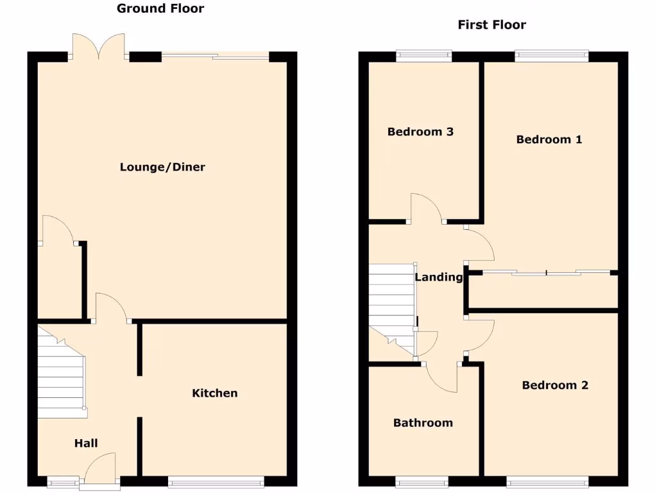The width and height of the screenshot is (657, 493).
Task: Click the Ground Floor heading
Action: tap(160, 8)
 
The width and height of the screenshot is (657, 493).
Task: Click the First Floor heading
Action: tap(491, 25)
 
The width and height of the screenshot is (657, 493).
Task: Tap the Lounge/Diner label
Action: tap(162, 168)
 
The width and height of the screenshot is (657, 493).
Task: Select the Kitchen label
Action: tap(215, 393)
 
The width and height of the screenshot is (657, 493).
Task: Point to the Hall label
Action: tap(86, 443)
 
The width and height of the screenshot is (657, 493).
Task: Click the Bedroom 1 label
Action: tap(549, 139)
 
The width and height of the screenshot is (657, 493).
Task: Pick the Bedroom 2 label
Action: tap(555, 385)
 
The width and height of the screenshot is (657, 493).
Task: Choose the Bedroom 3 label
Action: tap(420, 132)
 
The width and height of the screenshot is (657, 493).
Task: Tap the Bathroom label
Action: tap(423, 422)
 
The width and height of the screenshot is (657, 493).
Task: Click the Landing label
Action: tap(439, 277)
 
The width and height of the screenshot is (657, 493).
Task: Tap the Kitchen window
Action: tap(216, 481)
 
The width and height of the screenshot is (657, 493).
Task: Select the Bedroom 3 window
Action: tap(423, 56)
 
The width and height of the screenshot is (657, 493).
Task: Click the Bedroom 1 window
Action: tap(551, 56)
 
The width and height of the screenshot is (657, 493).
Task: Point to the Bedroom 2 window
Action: tap(547, 481)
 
